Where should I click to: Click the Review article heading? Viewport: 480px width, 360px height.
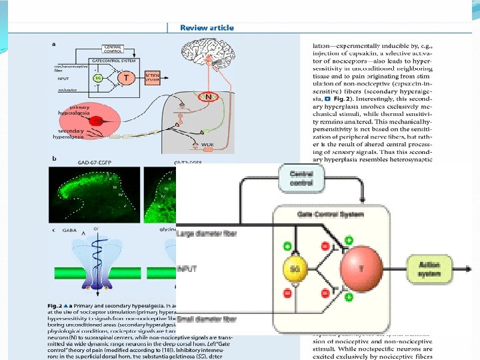pos(208,27)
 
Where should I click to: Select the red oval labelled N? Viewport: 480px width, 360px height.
pos(213,96)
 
